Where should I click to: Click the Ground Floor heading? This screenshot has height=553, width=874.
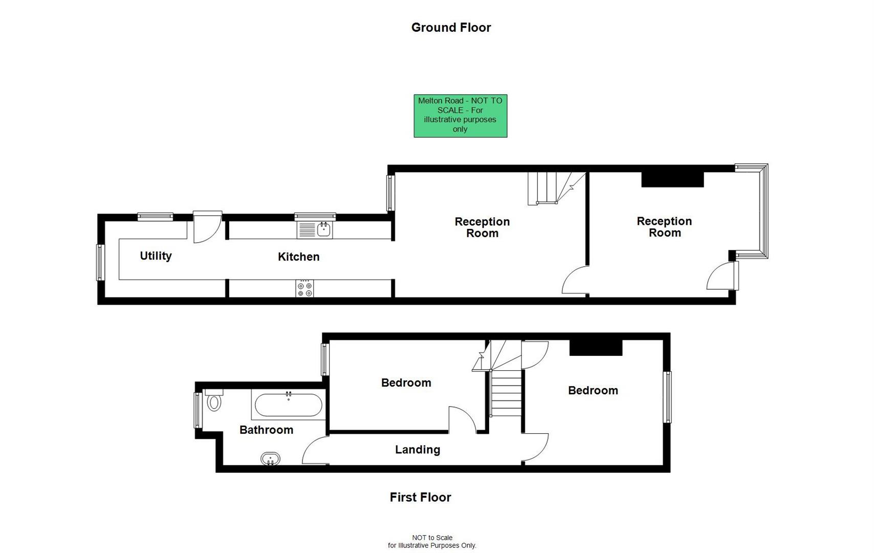pos(451,28)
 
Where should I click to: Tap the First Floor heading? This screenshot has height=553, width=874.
pos(420,497)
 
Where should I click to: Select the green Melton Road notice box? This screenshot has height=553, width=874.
pos(460,116)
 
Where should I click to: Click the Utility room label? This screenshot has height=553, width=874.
pos(156,256)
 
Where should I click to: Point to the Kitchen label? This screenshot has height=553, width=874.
pos(298,257)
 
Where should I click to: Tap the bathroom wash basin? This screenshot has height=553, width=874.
pos(270,458)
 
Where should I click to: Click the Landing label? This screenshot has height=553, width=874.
pos(417,450)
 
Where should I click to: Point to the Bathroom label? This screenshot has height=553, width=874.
pos(266,430)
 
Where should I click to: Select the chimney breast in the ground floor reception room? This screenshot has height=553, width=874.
pos(672,179)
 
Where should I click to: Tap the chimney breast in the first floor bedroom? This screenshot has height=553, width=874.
pos(596,348)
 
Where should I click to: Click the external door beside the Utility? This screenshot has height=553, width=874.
pos(207,227)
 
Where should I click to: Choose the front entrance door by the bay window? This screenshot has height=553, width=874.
pos(722,276)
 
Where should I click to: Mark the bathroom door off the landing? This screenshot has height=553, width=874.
pos(314,451)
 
